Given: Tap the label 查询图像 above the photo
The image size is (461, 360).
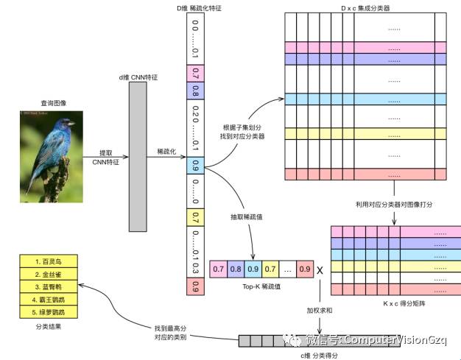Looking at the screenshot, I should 53,103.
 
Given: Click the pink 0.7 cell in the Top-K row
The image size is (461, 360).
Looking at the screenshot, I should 219,270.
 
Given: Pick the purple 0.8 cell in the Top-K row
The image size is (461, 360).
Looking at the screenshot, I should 236,270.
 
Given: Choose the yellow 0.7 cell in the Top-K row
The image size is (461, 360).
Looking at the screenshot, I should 270,270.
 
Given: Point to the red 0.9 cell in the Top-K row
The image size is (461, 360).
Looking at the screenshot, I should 306,270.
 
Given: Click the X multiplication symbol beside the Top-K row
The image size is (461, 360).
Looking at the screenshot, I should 320,270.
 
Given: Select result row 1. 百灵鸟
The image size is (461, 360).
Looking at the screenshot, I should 48,261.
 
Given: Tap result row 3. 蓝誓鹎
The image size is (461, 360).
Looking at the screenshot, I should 48,286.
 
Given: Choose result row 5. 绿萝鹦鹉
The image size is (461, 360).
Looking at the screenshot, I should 48,311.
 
